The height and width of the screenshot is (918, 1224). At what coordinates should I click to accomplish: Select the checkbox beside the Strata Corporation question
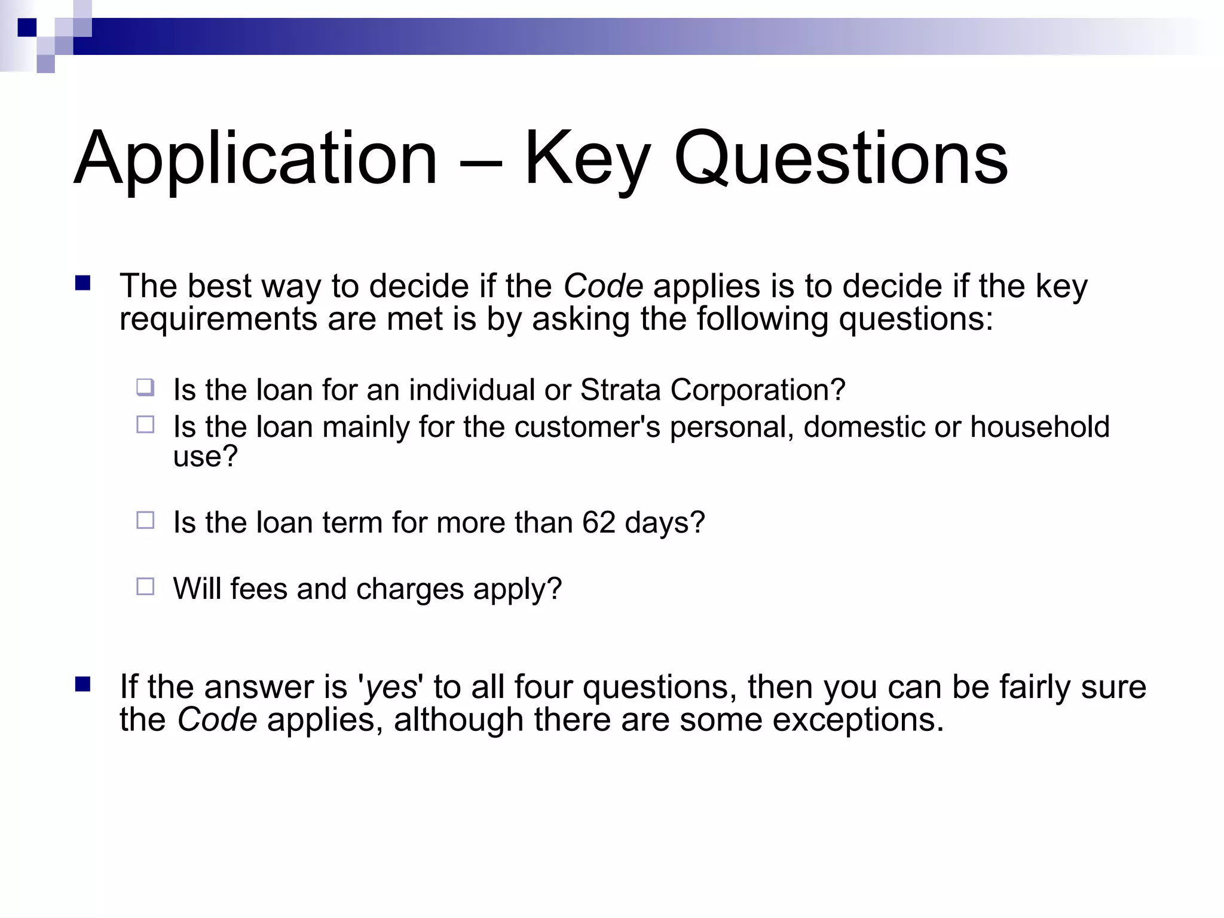point(145,388)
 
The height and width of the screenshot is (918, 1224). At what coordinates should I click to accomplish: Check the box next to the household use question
point(145,425)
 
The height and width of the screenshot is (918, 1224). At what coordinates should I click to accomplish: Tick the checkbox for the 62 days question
point(145,521)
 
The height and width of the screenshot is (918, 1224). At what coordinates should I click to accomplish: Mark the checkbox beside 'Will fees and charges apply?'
point(145,586)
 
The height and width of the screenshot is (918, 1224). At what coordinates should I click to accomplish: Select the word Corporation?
point(757,390)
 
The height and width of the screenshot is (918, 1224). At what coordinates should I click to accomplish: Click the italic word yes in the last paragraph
point(390,687)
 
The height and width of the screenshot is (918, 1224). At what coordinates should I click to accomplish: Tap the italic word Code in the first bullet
point(603,286)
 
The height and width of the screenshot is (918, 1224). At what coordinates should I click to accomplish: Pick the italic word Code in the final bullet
point(217,720)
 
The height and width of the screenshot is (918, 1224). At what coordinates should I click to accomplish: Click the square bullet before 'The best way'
point(82,283)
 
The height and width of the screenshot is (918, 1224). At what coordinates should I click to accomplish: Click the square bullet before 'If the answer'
point(82,684)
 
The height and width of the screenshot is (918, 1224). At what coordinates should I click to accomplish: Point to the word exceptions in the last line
point(858,720)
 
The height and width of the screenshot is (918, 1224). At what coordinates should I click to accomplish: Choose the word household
point(1039,427)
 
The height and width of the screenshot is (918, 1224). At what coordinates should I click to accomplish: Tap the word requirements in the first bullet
point(218,319)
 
